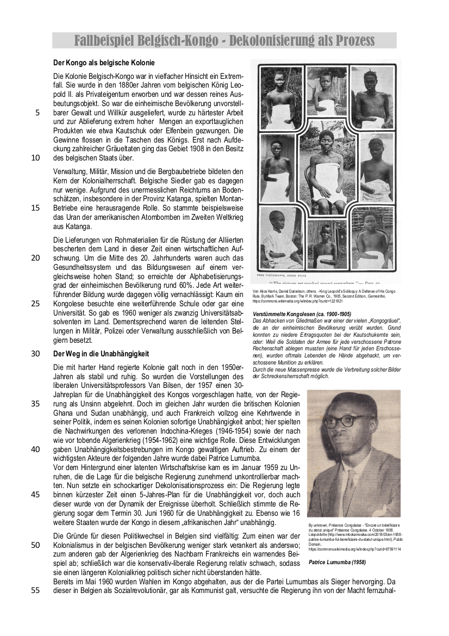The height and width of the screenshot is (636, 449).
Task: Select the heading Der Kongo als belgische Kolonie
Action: (x=104, y=63)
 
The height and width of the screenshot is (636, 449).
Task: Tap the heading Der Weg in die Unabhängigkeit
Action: (x=101, y=353)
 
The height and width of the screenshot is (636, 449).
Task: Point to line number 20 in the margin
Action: (x=35, y=257)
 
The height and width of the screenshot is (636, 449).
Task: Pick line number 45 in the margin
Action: (x=35, y=495)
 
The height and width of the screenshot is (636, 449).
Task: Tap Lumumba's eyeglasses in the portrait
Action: (x=342, y=421)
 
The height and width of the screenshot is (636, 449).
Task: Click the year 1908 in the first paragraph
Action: (x=188, y=149)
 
